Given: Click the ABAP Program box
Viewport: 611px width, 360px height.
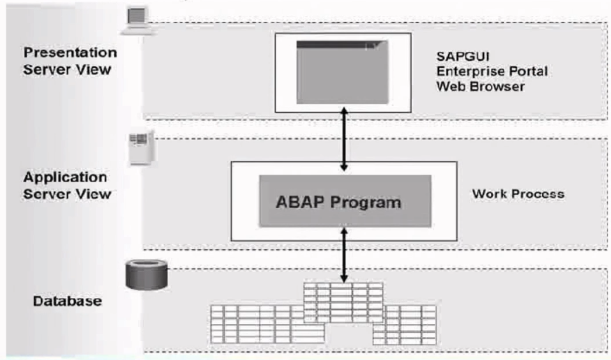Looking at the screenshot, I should click(x=345, y=202).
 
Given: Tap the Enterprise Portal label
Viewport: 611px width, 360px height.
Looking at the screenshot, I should click(x=492, y=71).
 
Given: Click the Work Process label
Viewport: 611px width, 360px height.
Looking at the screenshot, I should click(x=517, y=193).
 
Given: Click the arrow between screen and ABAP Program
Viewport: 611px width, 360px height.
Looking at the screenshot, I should click(x=343, y=140).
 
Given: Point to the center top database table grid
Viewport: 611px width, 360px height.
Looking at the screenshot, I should click(x=343, y=302).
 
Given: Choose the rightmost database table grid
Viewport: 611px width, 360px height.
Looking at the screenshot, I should click(x=405, y=324).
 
